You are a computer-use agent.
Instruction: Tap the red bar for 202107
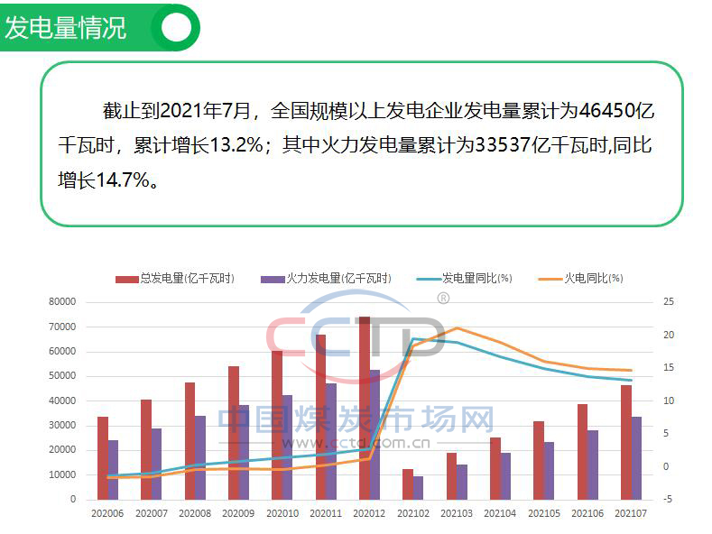625,442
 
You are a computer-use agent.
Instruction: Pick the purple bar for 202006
113,469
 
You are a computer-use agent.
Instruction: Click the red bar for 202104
495,468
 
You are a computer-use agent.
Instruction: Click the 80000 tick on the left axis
63,301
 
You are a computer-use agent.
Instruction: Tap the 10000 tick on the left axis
63,474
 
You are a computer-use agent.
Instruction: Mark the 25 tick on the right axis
669,301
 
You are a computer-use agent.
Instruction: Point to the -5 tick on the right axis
668,499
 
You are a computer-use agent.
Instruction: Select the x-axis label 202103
456,513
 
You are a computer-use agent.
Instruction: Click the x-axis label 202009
238,513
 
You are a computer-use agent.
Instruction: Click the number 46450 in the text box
608,112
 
